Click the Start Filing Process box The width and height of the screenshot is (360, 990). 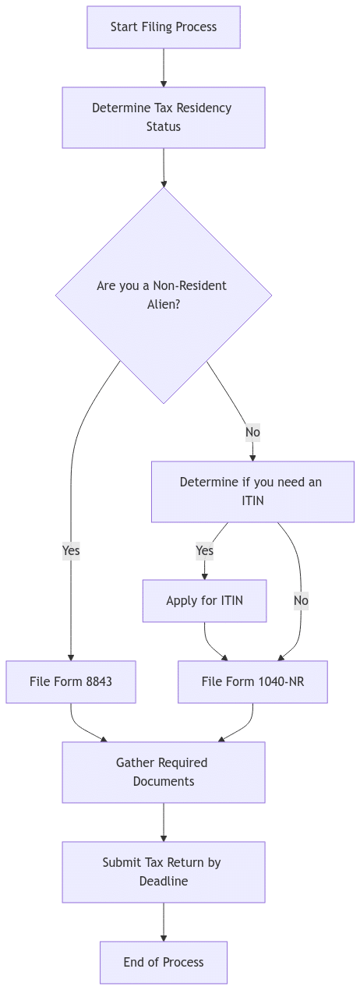point(164,27)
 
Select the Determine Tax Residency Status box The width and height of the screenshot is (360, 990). point(164,117)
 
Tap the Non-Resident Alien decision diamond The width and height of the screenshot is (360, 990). point(164,295)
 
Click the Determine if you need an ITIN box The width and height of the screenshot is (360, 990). point(252,491)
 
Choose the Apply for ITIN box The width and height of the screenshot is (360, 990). point(204,600)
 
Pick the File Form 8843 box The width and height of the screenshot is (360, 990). point(71,682)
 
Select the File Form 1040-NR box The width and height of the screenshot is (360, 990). point(252,682)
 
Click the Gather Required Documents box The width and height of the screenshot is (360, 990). point(164,772)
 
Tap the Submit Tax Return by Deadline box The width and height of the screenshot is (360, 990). point(164,872)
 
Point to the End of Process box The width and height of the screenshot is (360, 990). point(164,962)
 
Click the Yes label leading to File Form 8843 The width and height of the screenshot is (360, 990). point(71,550)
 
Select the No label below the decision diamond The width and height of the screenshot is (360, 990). point(252,432)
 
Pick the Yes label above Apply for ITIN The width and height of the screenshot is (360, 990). point(204,550)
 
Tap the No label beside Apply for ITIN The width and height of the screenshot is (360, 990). point(301,600)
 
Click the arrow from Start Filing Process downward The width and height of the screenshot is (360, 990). point(164,68)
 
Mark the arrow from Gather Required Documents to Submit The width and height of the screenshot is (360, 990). point(164,822)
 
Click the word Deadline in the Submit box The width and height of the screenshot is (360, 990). point(164,881)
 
